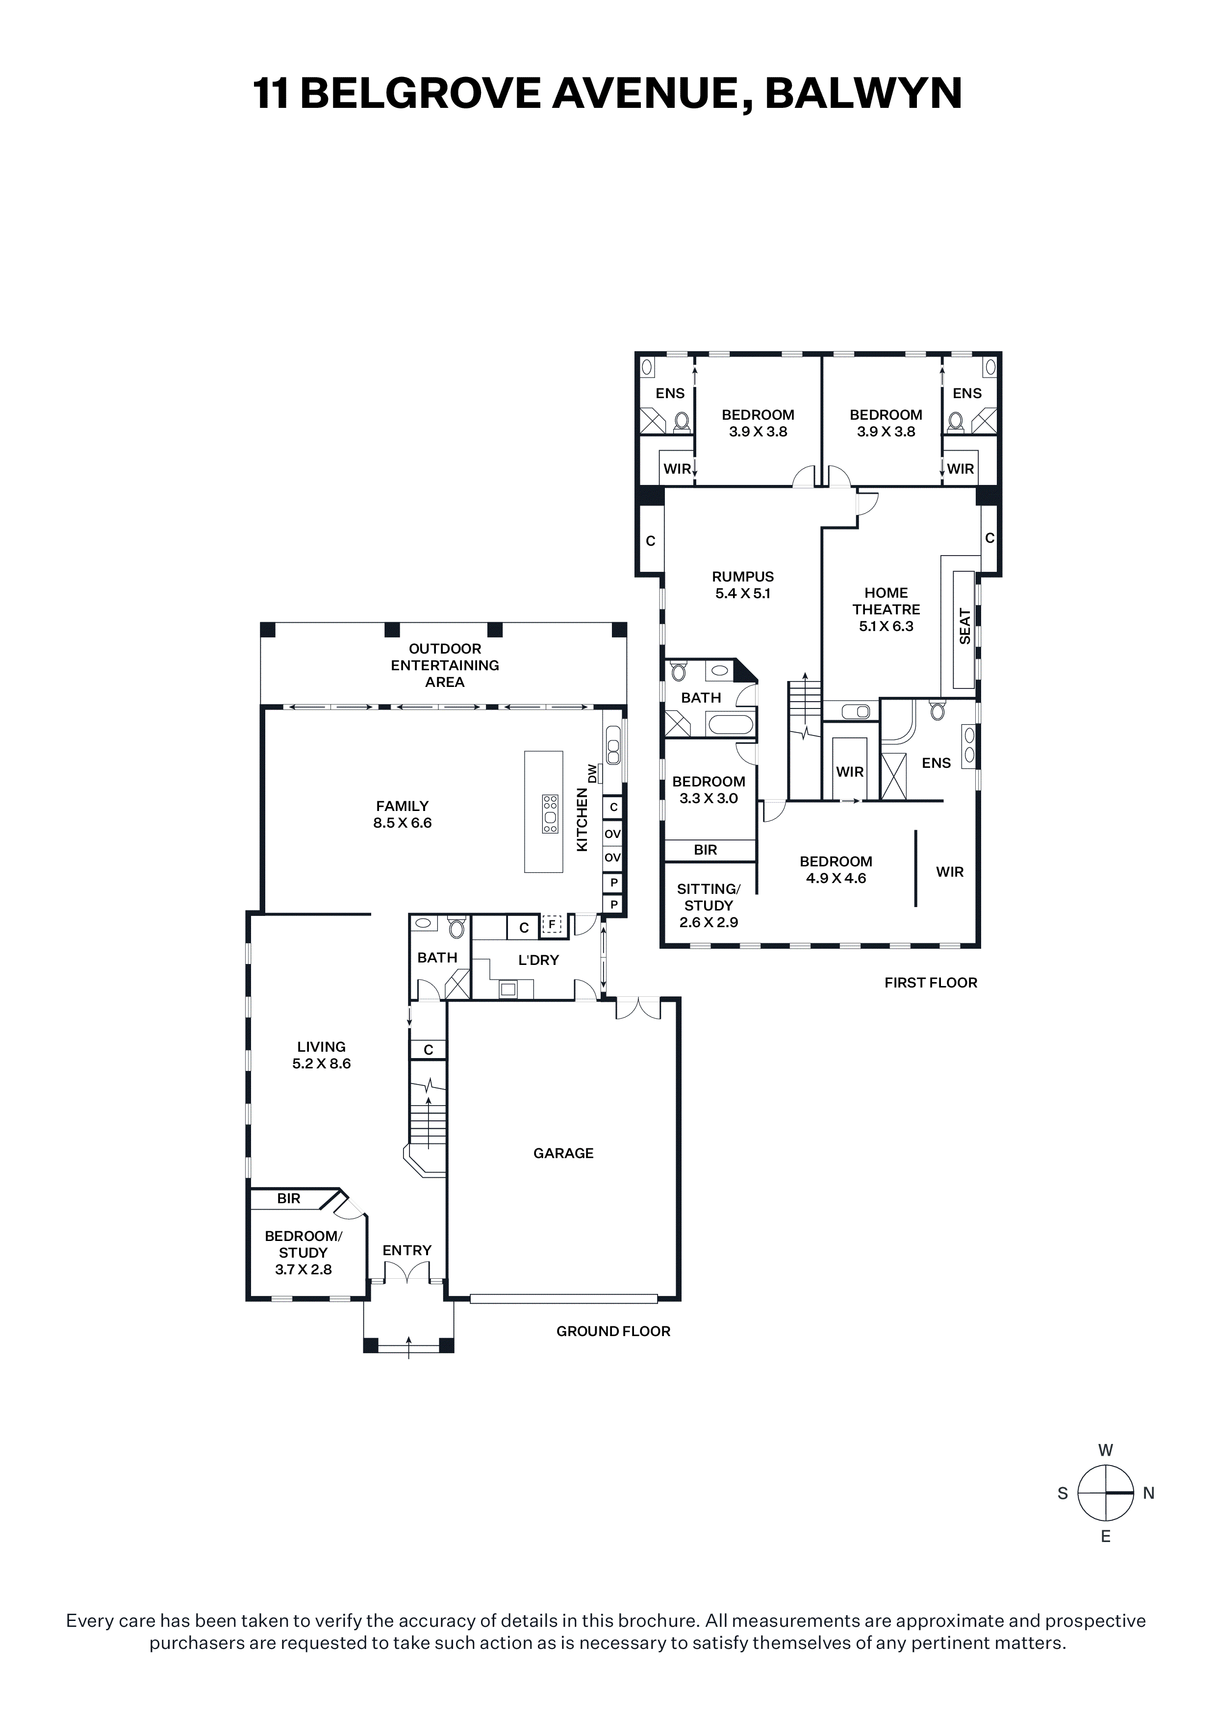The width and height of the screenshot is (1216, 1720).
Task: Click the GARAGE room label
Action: click(563, 1154)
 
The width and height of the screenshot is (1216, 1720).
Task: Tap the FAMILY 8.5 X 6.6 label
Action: click(403, 814)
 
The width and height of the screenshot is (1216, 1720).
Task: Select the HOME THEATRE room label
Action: click(887, 601)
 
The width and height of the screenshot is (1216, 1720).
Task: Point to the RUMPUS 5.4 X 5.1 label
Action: click(742, 585)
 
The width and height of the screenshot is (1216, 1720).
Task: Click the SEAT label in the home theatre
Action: click(965, 626)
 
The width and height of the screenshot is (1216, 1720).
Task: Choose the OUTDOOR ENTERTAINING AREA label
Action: click(445, 665)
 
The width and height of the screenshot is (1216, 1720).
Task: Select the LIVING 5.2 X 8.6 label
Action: click(322, 1055)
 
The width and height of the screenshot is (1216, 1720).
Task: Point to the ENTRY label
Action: click(407, 1250)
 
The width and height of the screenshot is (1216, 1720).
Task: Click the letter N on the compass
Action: click(1148, 1493)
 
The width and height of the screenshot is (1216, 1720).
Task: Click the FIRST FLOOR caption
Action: click(931, 983)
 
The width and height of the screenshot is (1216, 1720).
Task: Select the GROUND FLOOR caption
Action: click(613, 1331)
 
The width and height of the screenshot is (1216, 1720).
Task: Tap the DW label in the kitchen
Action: click(593, 774)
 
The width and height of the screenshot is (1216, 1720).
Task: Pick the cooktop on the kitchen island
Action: click(551, 813)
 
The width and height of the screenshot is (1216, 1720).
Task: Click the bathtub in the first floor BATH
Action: click(731, 724)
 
